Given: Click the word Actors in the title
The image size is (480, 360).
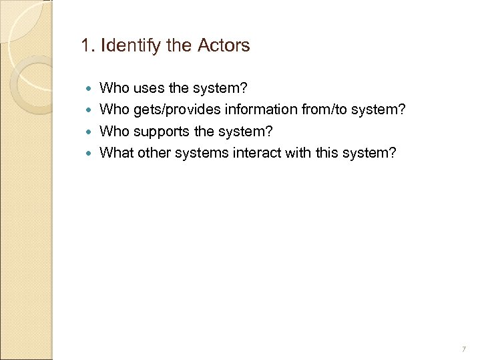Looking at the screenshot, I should (224, 46).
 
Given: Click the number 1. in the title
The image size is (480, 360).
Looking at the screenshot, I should (86, 46).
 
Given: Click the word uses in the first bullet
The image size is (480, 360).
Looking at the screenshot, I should (146, 87).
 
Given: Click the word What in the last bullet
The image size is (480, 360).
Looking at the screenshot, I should (116, 154).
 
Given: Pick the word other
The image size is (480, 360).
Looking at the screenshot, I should (155, 154).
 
